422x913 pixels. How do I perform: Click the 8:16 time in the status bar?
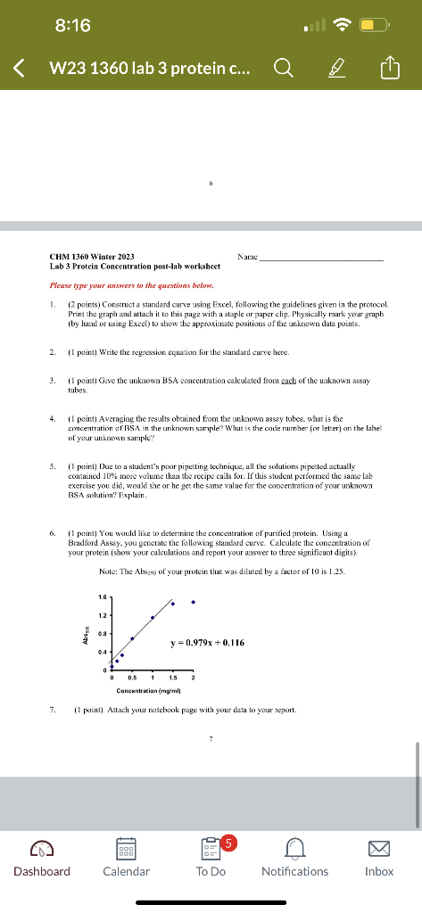click(x=73, y=26)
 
